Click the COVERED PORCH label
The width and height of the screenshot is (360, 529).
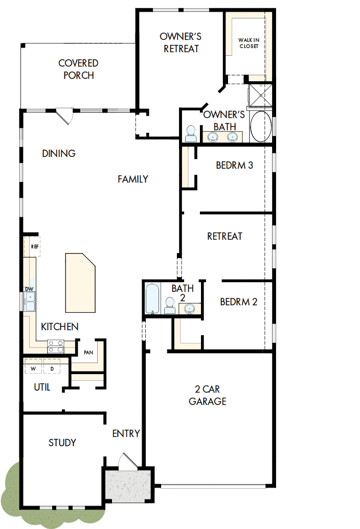coord(78,69)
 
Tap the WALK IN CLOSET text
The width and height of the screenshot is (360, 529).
coord(249,43)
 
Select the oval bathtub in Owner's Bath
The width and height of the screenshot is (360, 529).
coord(261,126)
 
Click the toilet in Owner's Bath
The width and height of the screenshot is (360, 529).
coord(191,133)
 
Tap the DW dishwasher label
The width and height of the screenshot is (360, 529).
coord(30,289)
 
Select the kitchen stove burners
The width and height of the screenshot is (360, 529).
coord(55,347)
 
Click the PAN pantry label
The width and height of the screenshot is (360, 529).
coord(88,352)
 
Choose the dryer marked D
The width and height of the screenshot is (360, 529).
coord(52,368)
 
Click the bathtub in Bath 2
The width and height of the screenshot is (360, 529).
coord(152,299)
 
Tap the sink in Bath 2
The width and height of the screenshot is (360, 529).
coord(189,308)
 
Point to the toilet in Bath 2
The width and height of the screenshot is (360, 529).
coord(169,306)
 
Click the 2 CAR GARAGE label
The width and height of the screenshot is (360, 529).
coord(207,395)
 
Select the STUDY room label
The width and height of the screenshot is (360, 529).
coord(62,442)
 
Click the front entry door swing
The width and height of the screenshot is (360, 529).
coord(126,460)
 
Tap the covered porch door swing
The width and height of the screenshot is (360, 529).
coord(65,116)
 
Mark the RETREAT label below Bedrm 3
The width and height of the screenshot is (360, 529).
coord(224,236)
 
